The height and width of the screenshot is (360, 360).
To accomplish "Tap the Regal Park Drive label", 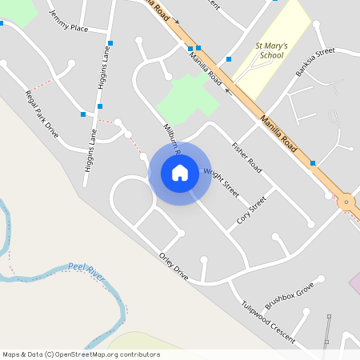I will (42, 114).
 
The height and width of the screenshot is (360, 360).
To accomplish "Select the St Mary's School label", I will (270, 52).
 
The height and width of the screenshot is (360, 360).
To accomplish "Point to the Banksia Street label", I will (314, 62).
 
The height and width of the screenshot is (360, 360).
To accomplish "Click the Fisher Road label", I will (246, 158).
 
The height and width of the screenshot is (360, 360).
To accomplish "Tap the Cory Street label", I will (251, 210).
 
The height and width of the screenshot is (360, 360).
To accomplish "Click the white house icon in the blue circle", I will (180, 173).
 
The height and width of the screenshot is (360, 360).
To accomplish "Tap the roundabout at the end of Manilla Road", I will (346, 202).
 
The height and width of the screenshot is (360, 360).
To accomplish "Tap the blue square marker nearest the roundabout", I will (312, 163).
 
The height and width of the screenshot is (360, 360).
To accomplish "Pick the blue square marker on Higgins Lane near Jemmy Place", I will (110, 43).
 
